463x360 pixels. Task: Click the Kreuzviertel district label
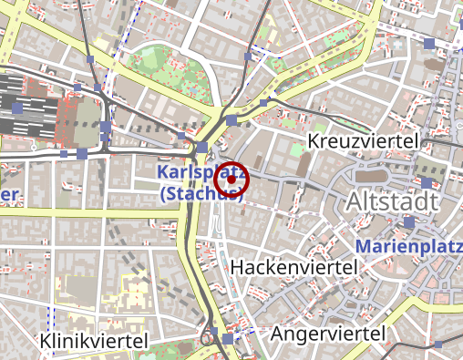(x=363, y=142)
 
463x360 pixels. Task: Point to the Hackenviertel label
(x=293, y=267)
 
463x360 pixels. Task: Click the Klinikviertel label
(x=95, y=340)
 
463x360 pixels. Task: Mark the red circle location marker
(x=232, y=180)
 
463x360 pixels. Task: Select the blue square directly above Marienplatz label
(x=409, y=222)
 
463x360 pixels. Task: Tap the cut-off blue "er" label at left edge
(x=9, y=194)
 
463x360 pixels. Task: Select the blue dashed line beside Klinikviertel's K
(x=51, y=319)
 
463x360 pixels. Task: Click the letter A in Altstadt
(x=355, y=201)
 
